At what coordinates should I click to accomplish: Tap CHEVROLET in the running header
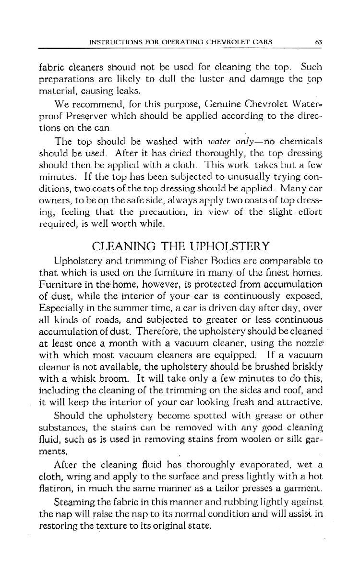tap(226, 42)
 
